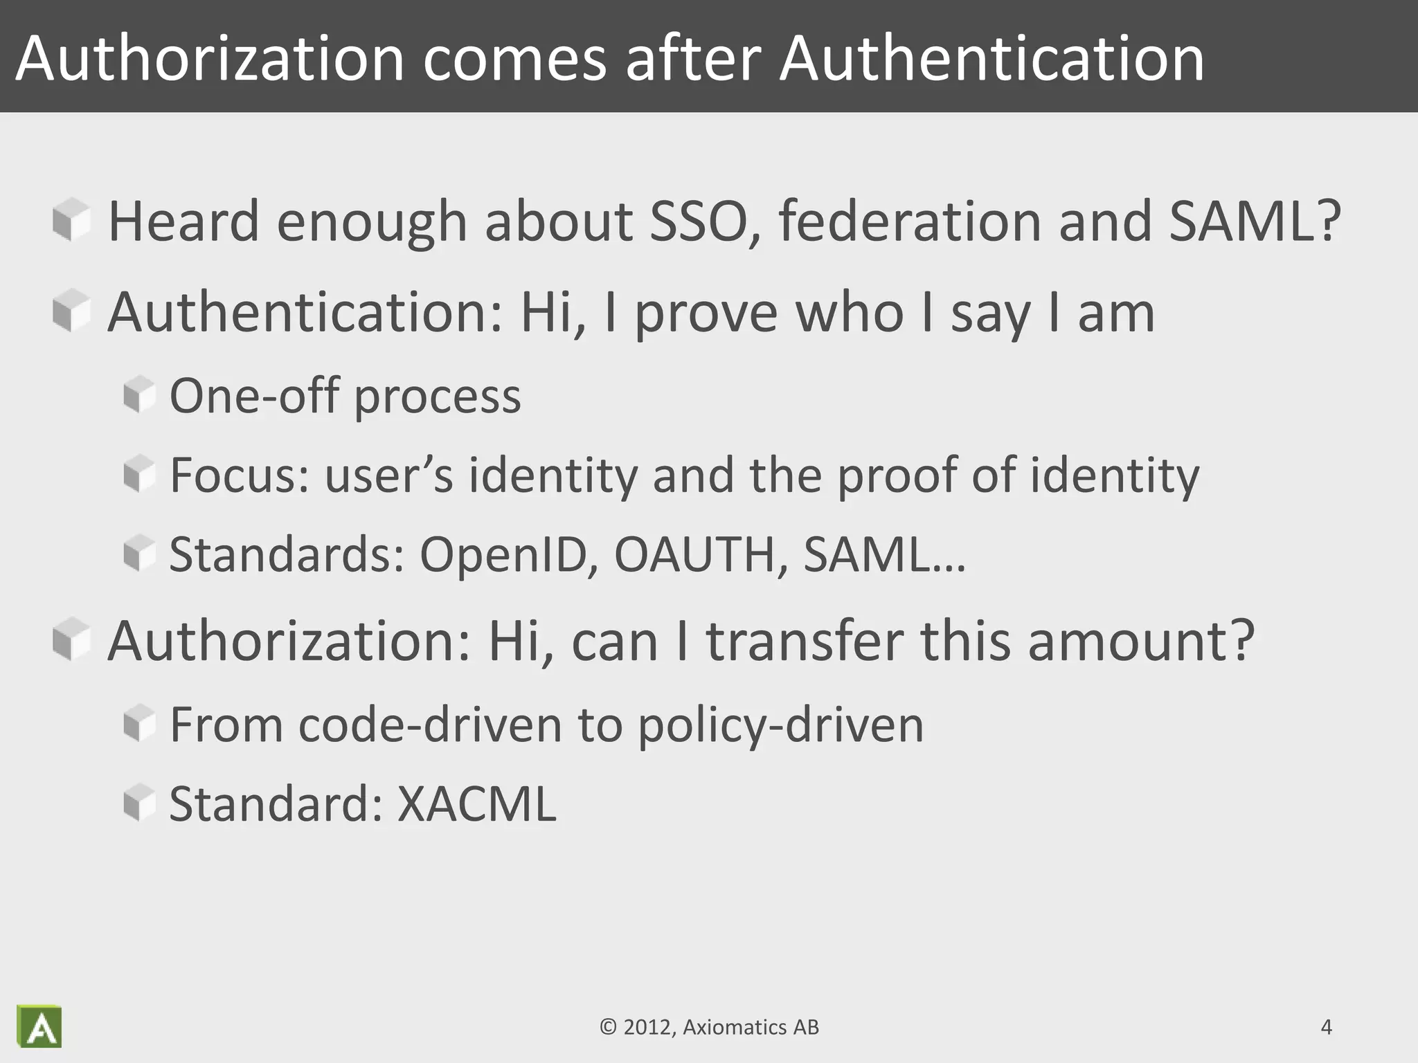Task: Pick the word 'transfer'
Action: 805,642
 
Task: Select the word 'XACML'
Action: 476,804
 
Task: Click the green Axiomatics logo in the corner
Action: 39,1026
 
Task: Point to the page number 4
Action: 1326,1027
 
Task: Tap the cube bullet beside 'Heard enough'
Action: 71,220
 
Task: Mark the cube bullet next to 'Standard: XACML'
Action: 139,803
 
